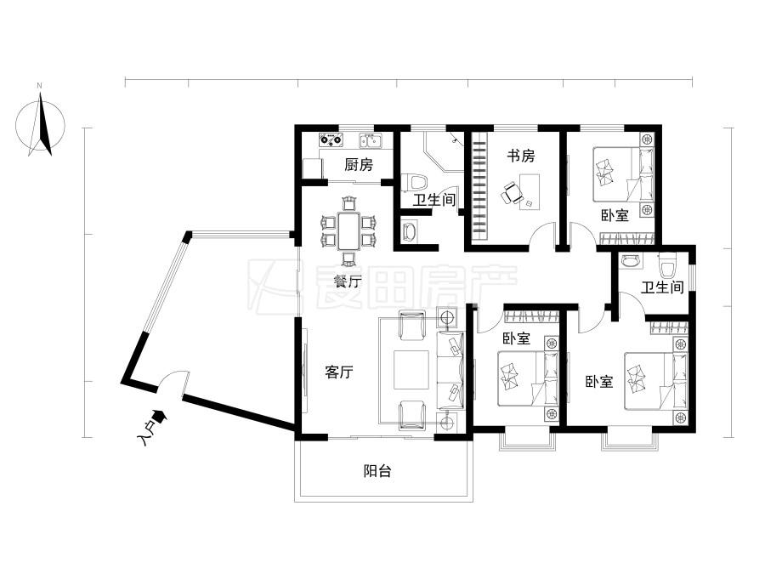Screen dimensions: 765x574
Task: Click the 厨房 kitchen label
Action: click(359, 165)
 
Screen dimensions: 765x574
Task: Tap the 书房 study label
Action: click(520, 156)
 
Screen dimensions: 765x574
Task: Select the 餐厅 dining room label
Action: click(348, 281)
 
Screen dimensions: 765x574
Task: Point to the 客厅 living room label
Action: click(339, 372)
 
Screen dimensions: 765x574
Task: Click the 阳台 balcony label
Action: click(377, 471)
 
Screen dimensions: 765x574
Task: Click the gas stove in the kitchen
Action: click(331, 140)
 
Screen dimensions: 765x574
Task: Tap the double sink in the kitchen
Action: click(371, 140)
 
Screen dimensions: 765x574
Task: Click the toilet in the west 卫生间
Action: click(414, 183)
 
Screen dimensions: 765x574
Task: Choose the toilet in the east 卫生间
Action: click(666, 264)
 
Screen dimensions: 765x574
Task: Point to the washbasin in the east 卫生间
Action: click(631, 261)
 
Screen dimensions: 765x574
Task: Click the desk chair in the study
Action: click(510, 193)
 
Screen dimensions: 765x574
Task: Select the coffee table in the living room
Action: click(411, 370)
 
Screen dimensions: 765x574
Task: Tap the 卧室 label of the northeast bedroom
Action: click(615, 215)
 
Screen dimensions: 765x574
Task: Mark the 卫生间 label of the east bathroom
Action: click(662, 287)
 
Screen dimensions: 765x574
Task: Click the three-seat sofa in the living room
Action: click(450, 370)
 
